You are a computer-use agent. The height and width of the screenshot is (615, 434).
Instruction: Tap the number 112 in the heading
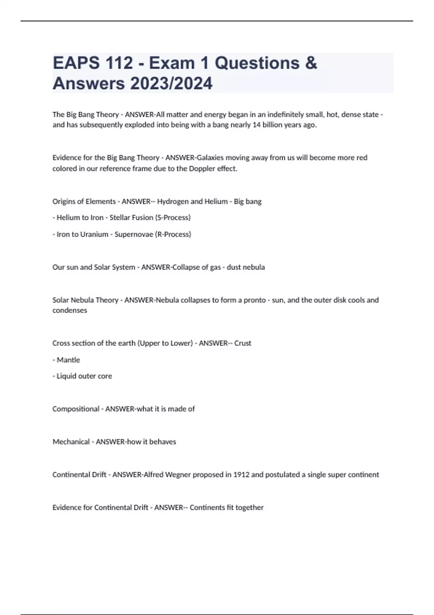[119, 63]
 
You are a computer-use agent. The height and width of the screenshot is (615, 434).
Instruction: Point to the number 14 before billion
[256, 125]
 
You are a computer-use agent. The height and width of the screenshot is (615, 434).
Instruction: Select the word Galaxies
[210, 158]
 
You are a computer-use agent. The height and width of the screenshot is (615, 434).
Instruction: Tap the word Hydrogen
[173, 202]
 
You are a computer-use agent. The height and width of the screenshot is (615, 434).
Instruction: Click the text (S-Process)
[173, 217]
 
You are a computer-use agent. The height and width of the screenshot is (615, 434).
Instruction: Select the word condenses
[70, 310]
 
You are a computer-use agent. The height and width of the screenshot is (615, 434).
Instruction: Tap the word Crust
[243, 343]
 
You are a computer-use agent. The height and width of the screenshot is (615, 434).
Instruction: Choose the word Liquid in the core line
[66, 376]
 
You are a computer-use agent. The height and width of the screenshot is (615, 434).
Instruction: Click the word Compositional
[76, 409]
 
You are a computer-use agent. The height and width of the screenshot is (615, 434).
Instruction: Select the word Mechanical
[71, 442]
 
